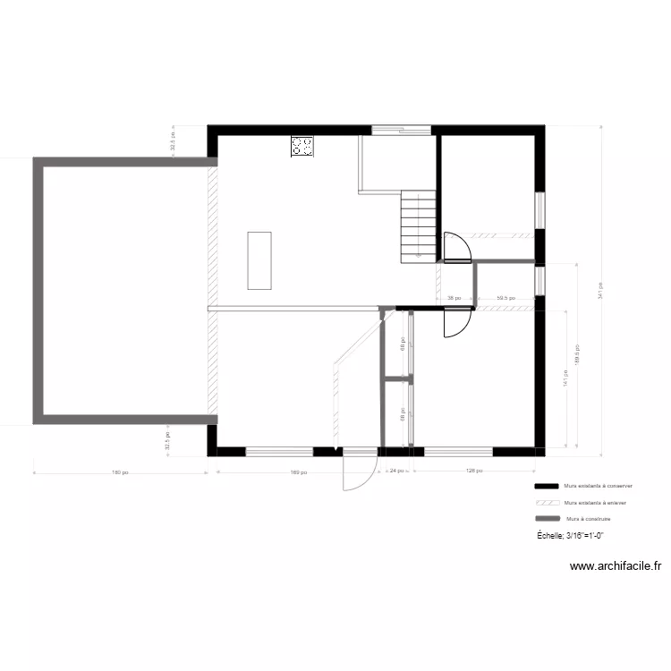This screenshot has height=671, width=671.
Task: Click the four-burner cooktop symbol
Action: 302,147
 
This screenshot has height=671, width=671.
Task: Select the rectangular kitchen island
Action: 259,260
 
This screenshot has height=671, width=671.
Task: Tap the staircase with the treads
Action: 418,225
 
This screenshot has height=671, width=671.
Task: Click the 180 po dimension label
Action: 121,472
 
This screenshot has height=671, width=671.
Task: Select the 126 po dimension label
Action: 474,471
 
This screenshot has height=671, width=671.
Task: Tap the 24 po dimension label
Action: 395,471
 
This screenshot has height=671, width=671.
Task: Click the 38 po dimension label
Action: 454,299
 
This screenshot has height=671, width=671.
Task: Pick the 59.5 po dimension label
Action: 505,299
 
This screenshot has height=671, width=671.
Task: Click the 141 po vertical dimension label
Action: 565,379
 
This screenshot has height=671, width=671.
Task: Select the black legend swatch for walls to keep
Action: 546,486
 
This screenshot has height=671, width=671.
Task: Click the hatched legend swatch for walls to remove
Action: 546,503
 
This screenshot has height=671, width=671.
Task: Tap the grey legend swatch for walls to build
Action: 546,519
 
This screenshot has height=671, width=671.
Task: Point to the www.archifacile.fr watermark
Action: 616,566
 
